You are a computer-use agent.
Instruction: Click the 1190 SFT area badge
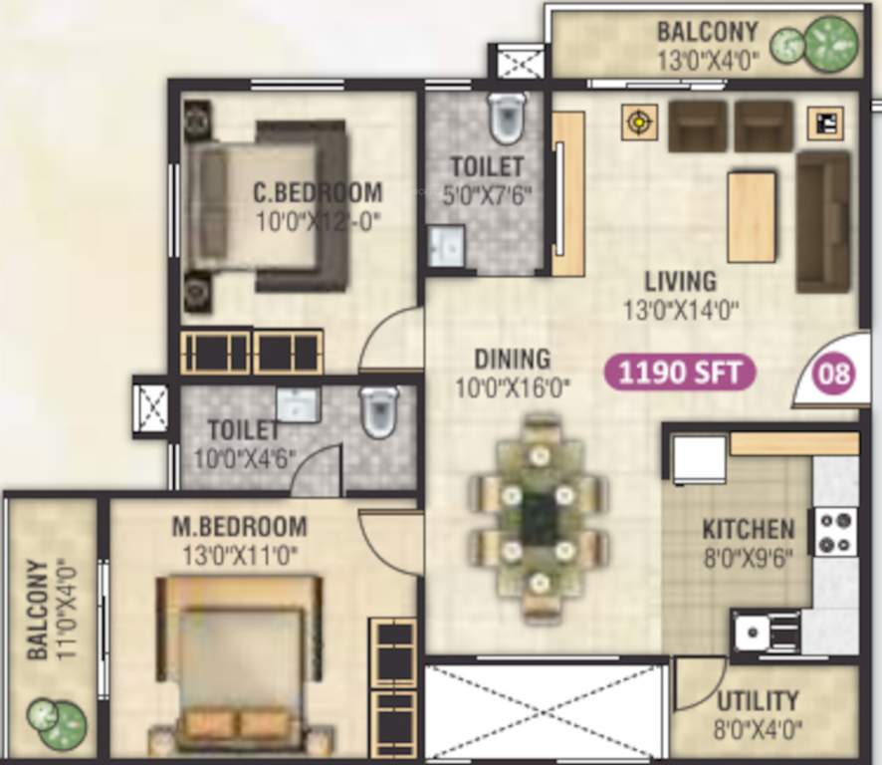tap(681, 374)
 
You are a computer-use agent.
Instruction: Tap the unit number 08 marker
tap(834, 375)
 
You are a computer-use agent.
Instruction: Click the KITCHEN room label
tap(748, 529)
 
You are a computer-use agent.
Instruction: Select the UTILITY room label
tap(758, 700)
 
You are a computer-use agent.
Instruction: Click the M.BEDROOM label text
tap(239, 526)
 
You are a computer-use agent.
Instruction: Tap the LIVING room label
tap(680, 281)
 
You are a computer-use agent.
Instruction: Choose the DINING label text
tap(512, 359)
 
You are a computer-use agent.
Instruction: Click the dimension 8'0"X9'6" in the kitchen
tap(748, 558)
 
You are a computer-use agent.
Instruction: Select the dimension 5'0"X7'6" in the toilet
tap(486, 194)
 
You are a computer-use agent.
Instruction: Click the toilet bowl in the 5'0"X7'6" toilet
tap(508, 119)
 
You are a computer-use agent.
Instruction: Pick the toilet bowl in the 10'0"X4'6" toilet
tap(379, 411)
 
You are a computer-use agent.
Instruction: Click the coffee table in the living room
tap(752, 216)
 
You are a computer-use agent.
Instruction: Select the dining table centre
tap(539, 518)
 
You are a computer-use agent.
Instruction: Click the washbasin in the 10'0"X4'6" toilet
tap(297, 404)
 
